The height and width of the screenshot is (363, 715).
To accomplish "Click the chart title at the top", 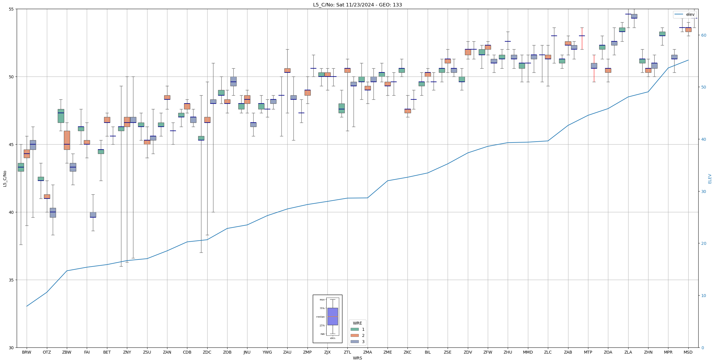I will coord(357,5).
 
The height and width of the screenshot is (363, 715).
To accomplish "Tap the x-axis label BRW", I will coord(27,352).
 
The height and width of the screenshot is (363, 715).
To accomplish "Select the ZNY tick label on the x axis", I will coord(127,352).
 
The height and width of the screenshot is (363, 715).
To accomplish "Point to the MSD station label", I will coord(688,352).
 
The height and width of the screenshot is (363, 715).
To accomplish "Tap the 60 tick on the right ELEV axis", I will coord(703,35).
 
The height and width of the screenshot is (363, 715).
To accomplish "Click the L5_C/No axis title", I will coord(5,179).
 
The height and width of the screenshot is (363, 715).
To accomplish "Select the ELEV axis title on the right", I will coord(710,179).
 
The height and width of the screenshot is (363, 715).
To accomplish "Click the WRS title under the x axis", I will coord(357,358).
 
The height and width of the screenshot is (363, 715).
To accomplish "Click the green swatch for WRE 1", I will coord(354,329).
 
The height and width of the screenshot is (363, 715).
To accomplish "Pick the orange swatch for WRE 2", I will coord(354,335).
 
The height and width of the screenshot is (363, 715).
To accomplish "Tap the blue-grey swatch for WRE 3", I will coord(354,342).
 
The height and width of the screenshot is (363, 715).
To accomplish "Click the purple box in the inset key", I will coord(332,316).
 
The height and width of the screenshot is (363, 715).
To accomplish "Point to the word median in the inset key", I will coord(320,317).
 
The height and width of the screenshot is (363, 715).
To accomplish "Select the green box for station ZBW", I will coord(61,116).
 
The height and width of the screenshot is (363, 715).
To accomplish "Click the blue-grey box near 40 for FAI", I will coord(93,215).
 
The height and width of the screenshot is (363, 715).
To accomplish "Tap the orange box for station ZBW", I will coord(67,140).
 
